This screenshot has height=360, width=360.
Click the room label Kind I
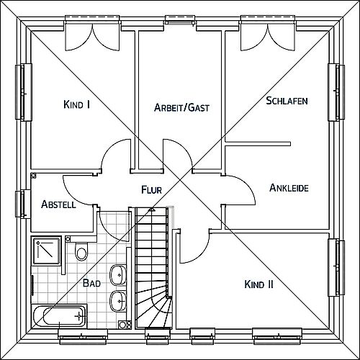pos(77,104)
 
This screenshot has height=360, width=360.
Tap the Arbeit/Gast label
pos(181,107)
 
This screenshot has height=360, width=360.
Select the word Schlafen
pos(287,101)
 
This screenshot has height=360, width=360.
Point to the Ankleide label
pos(289,188)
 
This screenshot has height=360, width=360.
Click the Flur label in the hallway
pos(151,189)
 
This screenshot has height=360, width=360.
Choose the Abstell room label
pos(58,204)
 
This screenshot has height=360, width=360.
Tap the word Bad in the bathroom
pos(91,283)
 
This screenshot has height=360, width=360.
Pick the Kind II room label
pos(258,284)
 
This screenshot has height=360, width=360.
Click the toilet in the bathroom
pos(81,251)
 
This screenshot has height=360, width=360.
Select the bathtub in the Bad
pos(59,316)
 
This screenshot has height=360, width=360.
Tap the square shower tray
pos(46,251)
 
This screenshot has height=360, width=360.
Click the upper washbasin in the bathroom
pos(118,275)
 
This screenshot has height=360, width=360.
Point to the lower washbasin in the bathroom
pos(118,301)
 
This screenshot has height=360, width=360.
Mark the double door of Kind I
pos(92,36)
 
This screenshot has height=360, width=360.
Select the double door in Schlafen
pos(268,36)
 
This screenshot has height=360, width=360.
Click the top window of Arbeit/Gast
pos(180,20)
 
